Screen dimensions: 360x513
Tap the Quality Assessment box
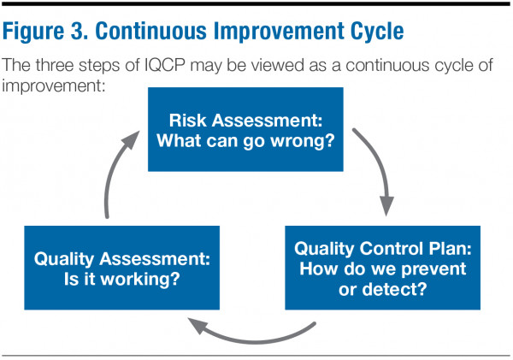point(121,268)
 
